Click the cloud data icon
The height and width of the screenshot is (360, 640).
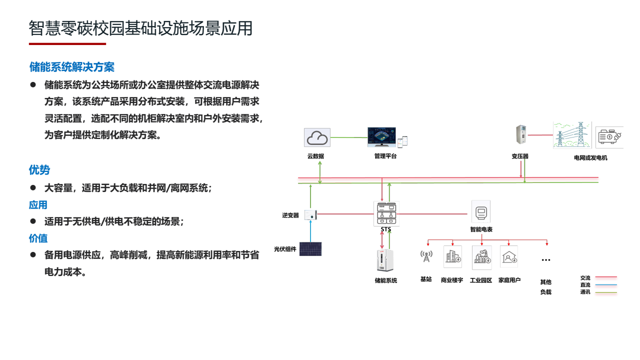[317, 137]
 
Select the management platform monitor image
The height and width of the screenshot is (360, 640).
[382, 136]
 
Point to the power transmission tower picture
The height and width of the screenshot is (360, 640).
[572, 135]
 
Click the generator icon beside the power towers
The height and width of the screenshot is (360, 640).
[609, 137]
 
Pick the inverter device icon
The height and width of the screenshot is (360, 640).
[310, 215]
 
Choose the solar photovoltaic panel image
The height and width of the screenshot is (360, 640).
[310, 249]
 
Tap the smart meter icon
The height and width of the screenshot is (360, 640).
[481, 212]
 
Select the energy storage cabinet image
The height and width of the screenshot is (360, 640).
[385, 261]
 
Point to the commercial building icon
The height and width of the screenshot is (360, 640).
[453, 257]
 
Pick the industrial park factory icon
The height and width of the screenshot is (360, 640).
[481, 257]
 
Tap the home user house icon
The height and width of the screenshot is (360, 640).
[509, 257]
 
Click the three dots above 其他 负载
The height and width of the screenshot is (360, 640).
[545, 260]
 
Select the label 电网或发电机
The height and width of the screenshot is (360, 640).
[590, 158]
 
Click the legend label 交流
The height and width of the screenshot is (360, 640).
[585, 278]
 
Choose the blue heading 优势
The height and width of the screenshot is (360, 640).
[39, 170]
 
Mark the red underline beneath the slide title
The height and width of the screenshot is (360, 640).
[67, 44]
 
